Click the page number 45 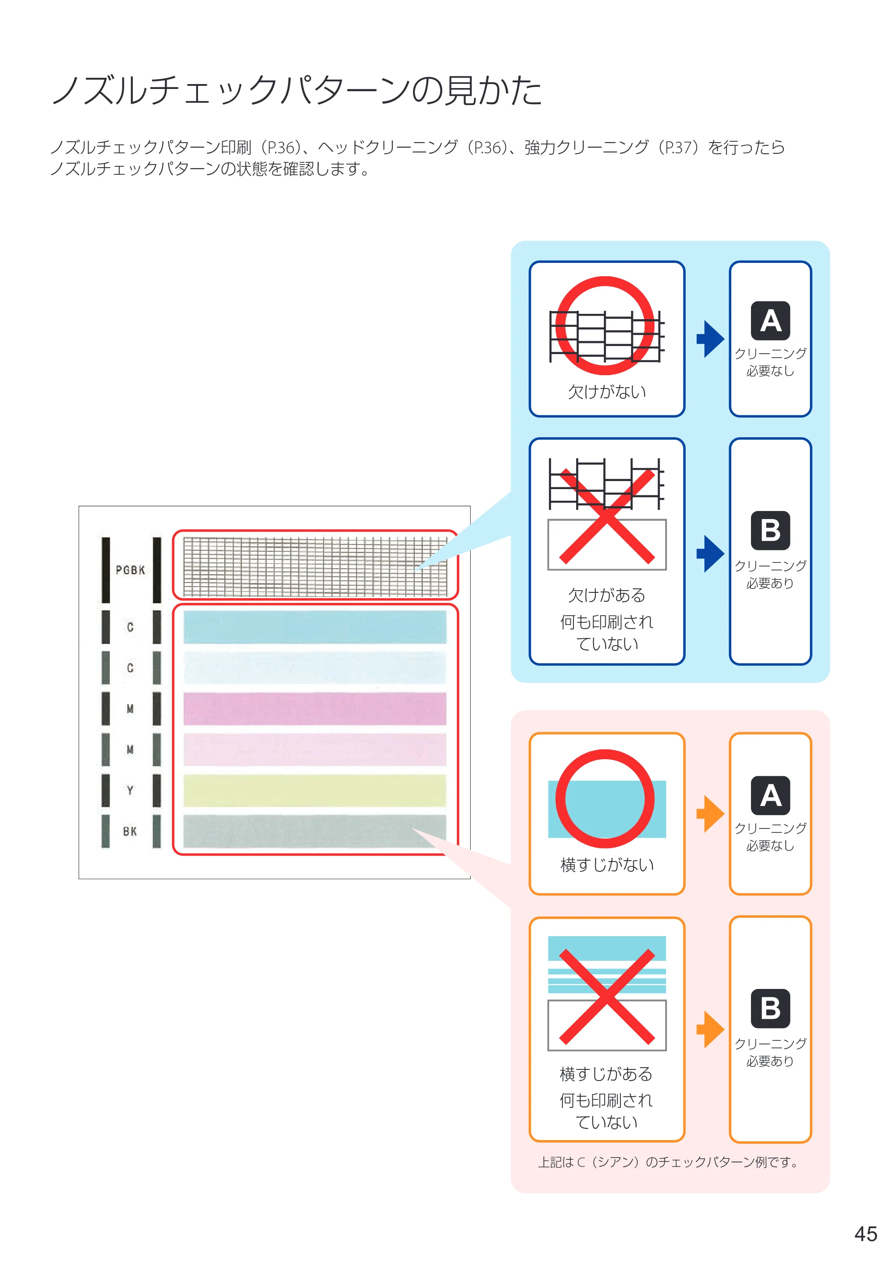(865, 1234)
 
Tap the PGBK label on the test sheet (131, 570)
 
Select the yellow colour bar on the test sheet (315, 790)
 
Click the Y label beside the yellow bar (130, 790)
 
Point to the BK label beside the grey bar (130, 832)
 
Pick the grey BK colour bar (315, 832)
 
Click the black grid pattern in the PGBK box (315, 566)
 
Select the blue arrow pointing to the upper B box (710, 553)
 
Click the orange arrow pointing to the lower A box (710, 814)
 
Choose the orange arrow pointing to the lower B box (710, 1029)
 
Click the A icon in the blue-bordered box (771, 321)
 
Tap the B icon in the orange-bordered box (771, 1009)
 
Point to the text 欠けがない (607, 392)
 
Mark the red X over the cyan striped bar (607, 997)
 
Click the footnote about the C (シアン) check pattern (668, 1162)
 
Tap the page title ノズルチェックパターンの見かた (297, 90)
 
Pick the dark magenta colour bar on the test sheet (315, 709)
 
